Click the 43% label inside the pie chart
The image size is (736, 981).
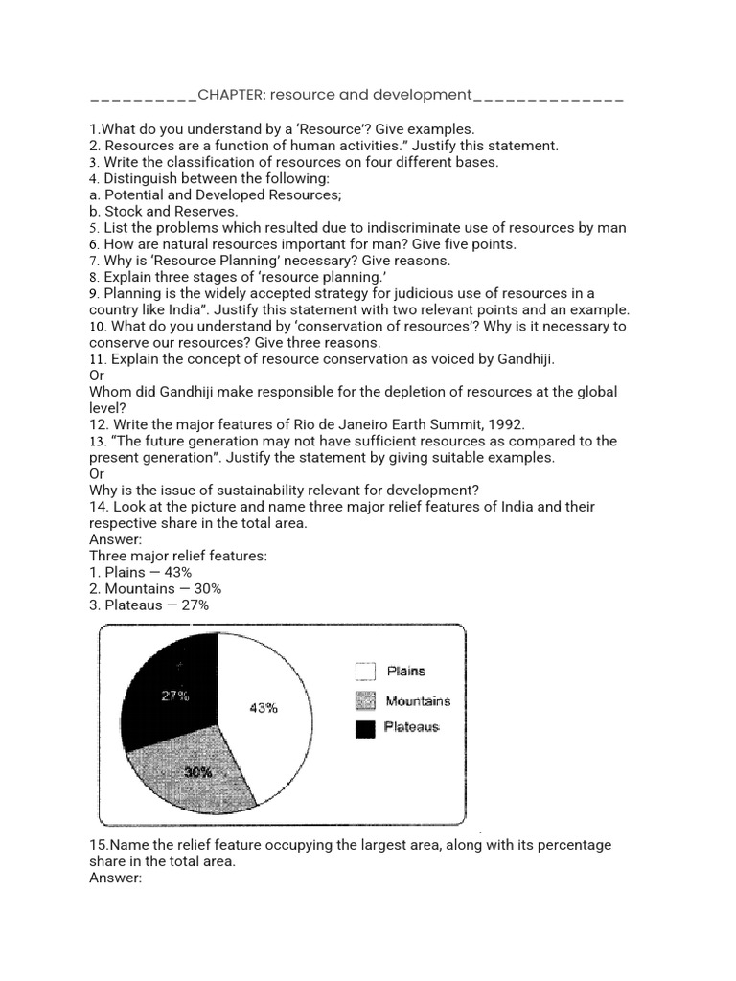(x=264, y=708)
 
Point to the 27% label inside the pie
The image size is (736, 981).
(x=174, y=696)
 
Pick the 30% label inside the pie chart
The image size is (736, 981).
(x=198, y=772)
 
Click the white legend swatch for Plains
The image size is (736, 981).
(x=365, y=672)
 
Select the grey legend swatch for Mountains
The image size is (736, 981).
(x=365, y=701)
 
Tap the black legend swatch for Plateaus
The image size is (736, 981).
(x=365, y=729)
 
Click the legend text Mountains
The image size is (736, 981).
(x=418, y=701)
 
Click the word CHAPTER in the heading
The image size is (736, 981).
(x=231, y=95)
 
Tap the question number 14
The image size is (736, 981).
(x=98, y=506)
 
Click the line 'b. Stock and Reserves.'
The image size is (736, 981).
(x=164, y=211)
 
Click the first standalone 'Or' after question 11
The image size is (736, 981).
(x=97, y=375)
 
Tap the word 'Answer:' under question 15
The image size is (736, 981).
(x=116, y=878)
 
